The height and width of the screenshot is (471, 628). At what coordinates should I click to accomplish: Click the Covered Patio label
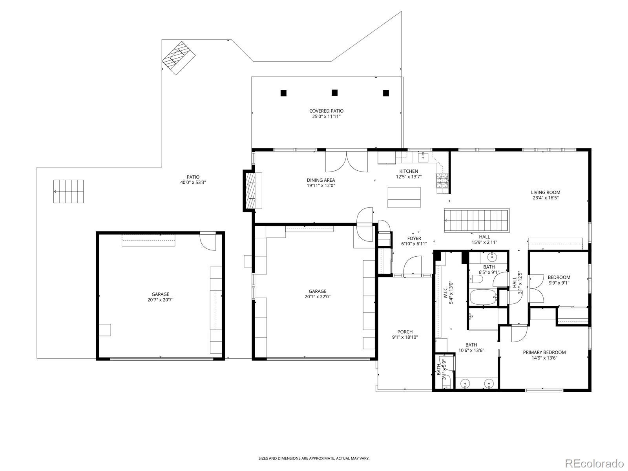pos(326,111)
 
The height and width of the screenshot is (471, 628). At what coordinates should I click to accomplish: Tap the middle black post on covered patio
pos(334,93)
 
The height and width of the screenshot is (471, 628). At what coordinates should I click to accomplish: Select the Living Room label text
pos(546,192)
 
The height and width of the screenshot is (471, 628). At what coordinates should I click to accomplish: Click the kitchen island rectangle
pos(403,197)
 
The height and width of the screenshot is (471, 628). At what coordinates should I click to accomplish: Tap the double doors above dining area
pos(347,161)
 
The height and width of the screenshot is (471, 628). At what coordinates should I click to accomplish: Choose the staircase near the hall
pos(476,221)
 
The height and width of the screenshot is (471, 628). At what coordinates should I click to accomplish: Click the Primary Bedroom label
pos(544,352)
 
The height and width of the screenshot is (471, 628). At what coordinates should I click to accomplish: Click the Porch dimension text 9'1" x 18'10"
pos(405,337)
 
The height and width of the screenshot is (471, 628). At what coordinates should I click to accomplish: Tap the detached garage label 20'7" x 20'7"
pos(160,299)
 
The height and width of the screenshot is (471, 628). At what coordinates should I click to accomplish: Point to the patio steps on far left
pos(69,192)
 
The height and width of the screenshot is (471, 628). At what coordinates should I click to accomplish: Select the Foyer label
pos(414,238)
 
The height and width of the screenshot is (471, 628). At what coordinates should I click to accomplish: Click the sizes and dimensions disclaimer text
pos(314,458)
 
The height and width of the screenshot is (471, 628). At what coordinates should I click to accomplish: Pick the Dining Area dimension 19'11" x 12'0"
pos(321,186)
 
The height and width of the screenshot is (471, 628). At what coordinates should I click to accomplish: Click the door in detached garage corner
pos(208,241)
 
